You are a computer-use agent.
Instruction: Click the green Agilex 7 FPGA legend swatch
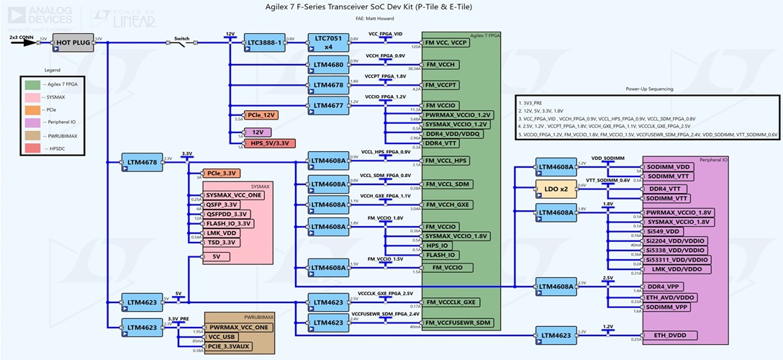click(31, 84)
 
